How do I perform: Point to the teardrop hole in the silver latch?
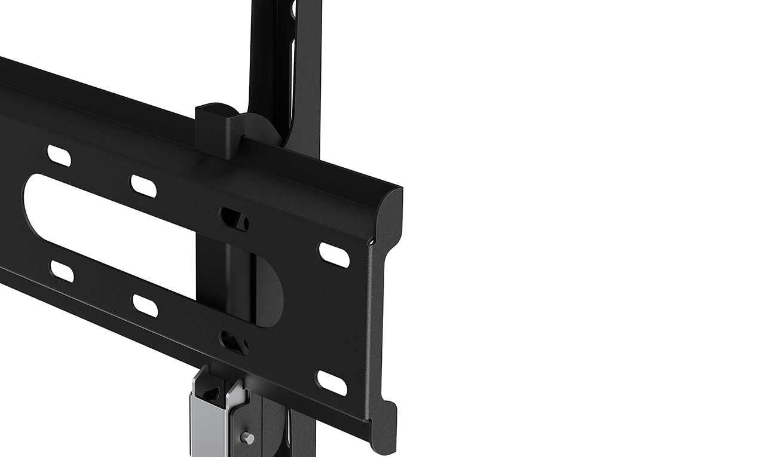[x=210, y=394]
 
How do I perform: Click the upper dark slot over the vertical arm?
[x=234, y=219]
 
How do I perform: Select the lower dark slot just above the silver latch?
[x=234, y=343]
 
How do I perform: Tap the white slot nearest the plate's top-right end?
[x=334, y=254]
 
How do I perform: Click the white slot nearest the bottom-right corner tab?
[x=332, y=382]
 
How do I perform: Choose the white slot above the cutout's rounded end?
[x=59, y=155]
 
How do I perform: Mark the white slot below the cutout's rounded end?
[x=62, y=271]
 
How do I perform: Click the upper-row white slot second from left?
[x=143, y=186]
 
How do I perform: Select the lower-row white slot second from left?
[x=145, y=305]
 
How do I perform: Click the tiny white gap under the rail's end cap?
[x=371, y=242]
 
